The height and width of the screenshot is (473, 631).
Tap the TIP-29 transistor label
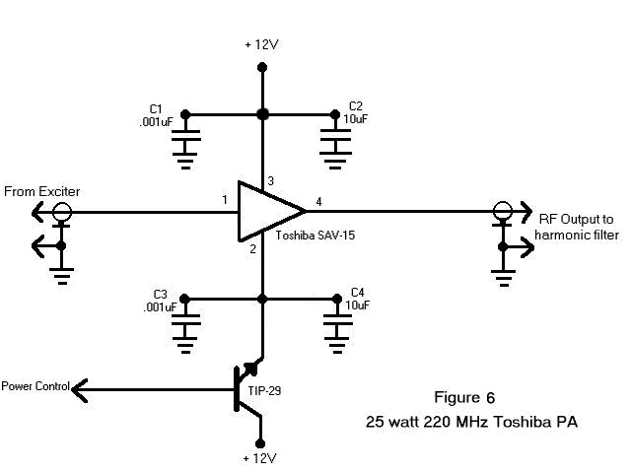point(264,390)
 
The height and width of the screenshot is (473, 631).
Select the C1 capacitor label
point(156,109)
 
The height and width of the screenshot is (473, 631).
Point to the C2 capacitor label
point(355,106)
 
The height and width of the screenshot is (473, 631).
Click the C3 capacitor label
point(160,294)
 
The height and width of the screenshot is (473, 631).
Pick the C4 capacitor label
point(357,292)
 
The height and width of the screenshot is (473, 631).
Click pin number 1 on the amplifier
point(225,199)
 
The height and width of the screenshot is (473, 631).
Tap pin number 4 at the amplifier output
point(318,201)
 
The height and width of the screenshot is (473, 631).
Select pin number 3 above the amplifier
point(271,181)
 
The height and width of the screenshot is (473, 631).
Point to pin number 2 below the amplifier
point(252,249)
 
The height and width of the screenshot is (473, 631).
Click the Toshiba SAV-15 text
point(315,236)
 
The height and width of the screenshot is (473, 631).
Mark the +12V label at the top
point(261,44)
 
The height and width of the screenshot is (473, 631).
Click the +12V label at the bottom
point(260,458)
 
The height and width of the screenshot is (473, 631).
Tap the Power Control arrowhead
point(79,390)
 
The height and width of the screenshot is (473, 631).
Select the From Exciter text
point(41,191)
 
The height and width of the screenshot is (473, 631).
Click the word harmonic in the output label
point(559,235)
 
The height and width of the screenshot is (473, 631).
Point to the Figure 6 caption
point(464,397)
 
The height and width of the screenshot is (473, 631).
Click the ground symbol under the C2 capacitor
point(335,160)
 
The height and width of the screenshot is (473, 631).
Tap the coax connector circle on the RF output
point(502,211)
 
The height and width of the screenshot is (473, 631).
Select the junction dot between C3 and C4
point(262,299)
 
